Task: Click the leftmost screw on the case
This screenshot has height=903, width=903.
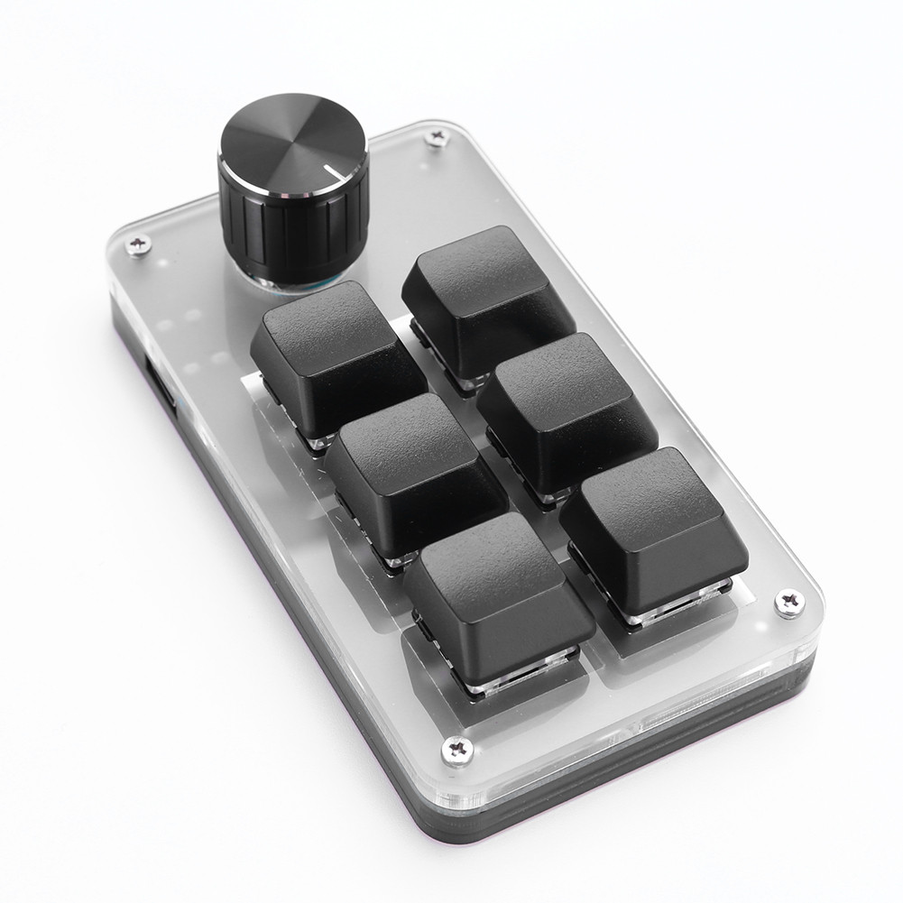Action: (x=137, y=245)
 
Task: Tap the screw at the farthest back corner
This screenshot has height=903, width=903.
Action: (x=437, y=137)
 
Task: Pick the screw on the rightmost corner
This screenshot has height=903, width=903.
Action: (x=789, y=602)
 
